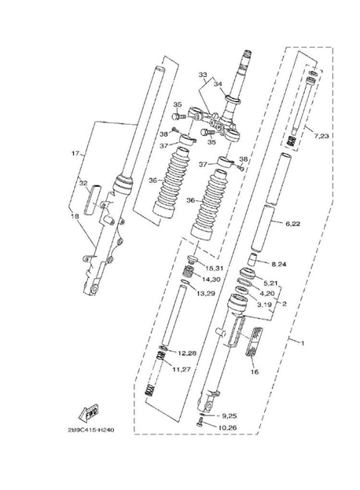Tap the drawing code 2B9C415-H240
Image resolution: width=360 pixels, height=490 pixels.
pos(91,430)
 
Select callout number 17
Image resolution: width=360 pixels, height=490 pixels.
pos(75,153)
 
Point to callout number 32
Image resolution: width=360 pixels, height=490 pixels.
pos(83,183)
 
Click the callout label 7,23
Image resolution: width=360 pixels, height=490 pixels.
pos(321,137)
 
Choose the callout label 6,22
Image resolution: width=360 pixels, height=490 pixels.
pos(292,224)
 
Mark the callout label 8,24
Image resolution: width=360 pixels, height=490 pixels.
pos(279,265)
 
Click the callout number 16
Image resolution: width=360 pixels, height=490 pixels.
pos(255,372)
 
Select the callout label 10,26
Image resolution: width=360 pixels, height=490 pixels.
pos(229,428)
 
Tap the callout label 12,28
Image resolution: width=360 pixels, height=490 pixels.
pos(187,353)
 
